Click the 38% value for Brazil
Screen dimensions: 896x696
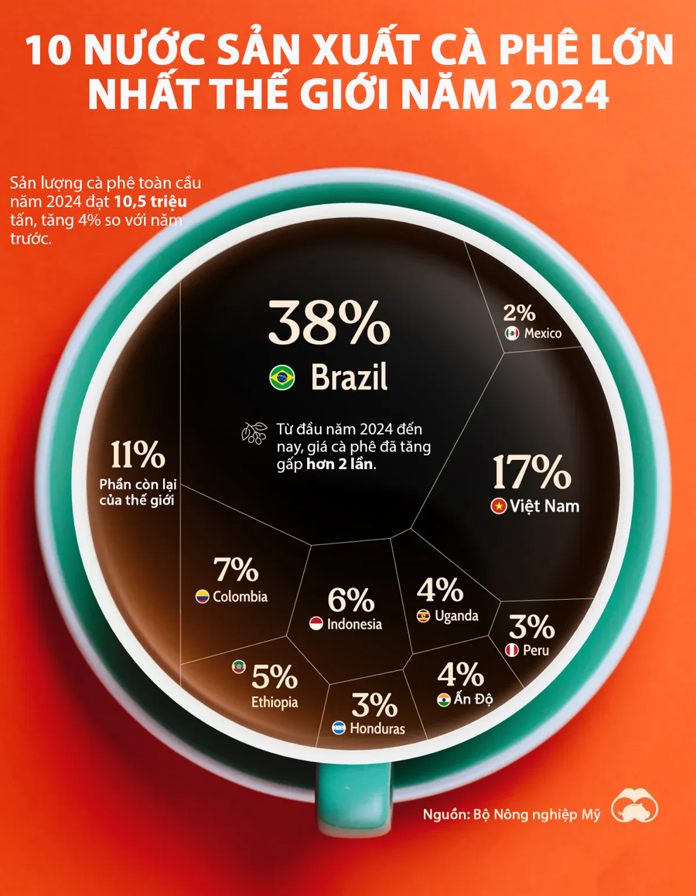click(x=329, y=323)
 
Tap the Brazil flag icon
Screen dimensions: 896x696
click(x=281, y=378)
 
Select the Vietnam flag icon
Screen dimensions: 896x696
click(x=499, y=507)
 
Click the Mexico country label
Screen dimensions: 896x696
click(x=543, y=333)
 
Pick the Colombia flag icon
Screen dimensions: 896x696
click(x=202, y=597)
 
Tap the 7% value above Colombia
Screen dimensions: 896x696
click(x=235, y=570)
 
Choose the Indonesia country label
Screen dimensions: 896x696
click(x=354, y=624)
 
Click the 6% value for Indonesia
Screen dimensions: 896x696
click(x=350, y=600)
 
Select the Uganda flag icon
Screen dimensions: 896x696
click(x=424, y=616)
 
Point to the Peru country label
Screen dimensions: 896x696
click(x=535, y=650)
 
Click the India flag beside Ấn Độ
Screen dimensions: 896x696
click(x=443, y=700)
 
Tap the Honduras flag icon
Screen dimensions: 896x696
click(x=339, y=728)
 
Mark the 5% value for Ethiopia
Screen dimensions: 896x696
click(x=275, y=677)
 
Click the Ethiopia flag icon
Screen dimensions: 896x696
click(x=239, y=666)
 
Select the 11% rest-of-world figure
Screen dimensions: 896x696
click(x=137, y=455)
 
